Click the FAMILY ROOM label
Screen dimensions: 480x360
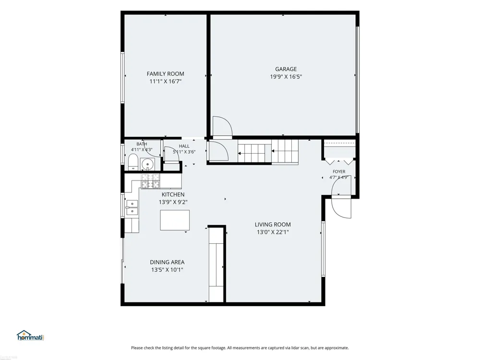pos(165,74)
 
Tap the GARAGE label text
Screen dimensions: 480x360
pos(286,69)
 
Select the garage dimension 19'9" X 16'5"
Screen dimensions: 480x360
pos(286,77)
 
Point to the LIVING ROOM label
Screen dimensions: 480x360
pos(273,224)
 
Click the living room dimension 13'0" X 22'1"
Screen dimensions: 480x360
pos(273,232)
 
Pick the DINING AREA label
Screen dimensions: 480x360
pos(167,262)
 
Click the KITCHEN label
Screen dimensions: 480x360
pos(173,194)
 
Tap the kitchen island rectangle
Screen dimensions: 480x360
pos(175,220)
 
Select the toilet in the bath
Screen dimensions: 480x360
pos(133,162)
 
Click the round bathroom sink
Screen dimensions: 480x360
pos(147,164)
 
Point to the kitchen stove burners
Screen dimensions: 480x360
pos(150,180)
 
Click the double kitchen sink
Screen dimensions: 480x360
pos(132,207)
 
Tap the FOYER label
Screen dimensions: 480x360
pos(339,172)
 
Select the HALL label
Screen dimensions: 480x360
pos(184,146)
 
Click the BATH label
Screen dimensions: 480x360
pos(142,144)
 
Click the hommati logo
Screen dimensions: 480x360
pos(31,336)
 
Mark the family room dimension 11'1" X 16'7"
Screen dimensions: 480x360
pos(165,82)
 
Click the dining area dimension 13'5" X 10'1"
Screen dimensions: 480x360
pos(167,270)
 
